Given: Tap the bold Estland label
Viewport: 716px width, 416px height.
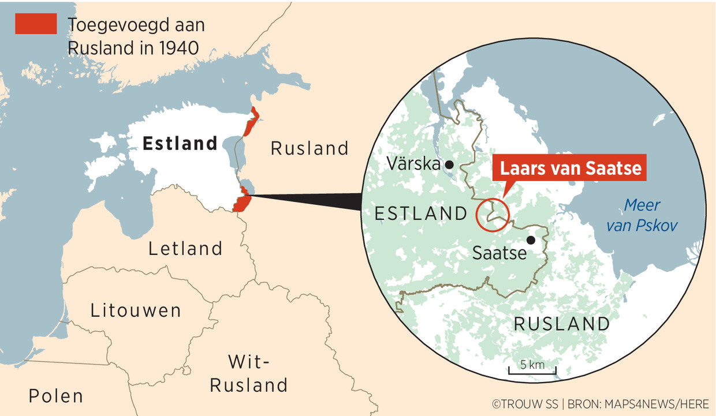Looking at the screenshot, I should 180,143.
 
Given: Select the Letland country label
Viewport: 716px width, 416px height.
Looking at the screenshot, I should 185,249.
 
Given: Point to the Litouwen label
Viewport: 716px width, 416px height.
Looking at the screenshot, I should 136,310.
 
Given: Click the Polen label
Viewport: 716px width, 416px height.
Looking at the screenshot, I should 56,396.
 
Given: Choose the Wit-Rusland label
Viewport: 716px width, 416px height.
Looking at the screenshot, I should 249,373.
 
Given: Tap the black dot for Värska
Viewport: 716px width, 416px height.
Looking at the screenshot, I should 449,165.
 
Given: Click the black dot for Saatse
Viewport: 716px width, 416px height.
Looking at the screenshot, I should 531,240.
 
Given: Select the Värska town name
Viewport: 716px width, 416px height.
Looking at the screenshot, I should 413,164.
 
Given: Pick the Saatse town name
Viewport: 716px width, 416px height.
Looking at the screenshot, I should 499,252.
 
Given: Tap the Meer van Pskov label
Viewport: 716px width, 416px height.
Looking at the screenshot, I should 642,215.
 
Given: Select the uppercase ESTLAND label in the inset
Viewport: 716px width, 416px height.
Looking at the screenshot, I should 420,213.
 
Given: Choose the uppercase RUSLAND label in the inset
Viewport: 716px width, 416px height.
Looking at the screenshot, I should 561,324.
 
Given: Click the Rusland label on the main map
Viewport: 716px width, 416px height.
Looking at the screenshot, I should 309,148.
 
